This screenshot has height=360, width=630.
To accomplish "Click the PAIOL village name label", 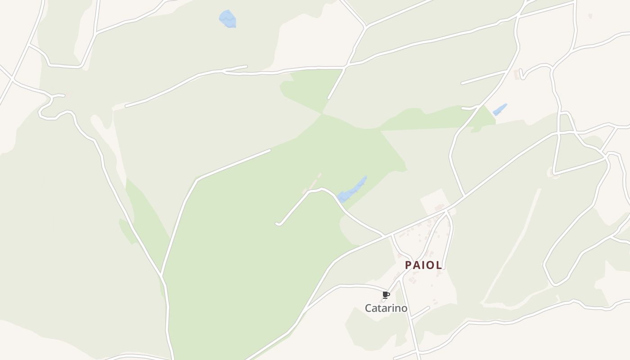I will point(423,265).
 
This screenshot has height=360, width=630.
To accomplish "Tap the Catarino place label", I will point(386,308).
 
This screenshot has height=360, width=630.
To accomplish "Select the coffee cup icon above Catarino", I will point(386,295).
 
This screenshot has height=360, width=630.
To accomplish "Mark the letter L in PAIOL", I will point(438,265).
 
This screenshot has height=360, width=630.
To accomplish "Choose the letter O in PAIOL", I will point(431,265).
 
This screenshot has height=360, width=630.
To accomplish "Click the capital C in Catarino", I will point(368,308).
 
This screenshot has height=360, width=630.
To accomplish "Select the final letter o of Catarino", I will point(404,308).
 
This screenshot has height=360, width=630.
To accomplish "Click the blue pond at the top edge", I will point(228,19).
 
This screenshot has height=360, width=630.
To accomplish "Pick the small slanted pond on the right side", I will point(499,109).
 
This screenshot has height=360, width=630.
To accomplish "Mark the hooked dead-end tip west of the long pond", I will point(278,223).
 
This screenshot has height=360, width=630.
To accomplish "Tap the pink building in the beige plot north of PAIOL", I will point(439,207).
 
